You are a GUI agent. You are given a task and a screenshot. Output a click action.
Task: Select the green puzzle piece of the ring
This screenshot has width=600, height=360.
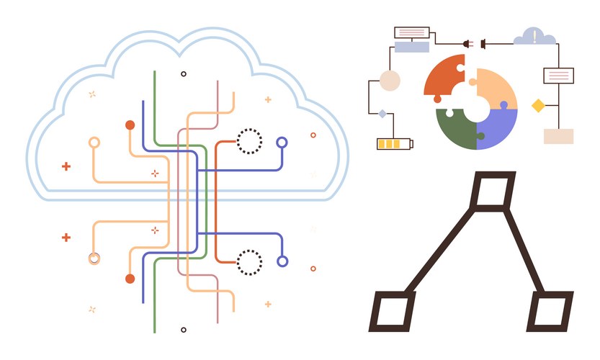pos(454,130)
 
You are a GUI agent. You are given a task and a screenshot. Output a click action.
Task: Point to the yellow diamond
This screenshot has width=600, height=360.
pos(537,106)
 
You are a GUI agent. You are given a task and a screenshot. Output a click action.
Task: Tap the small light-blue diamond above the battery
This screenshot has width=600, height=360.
pos(382,113)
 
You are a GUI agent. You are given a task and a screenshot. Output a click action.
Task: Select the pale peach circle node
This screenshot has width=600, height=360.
pos(390,81)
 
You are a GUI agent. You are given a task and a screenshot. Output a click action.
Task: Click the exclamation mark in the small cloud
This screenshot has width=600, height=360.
pos(534,35)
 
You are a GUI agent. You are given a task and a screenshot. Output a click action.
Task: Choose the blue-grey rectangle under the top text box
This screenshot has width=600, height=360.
pos(412,47)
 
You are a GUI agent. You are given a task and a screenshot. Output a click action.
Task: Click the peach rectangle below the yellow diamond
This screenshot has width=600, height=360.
pos(558,137)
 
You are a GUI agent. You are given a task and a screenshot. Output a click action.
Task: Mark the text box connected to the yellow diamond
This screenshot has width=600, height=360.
pos(558,75)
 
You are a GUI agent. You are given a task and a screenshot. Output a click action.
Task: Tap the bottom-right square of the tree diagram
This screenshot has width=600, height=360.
pos(549,311)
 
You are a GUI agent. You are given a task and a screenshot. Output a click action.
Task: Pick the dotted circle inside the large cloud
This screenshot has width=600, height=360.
pos(249,141)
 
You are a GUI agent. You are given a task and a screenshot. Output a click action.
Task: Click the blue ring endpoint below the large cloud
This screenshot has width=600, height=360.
pos(282,261)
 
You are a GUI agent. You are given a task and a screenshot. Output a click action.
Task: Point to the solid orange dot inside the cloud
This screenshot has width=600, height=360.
pos(130,125)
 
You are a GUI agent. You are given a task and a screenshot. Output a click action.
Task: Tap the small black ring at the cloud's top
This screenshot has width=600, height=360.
pos(184,73)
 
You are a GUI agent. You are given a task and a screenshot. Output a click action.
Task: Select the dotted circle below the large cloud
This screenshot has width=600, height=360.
pos(249,262)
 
